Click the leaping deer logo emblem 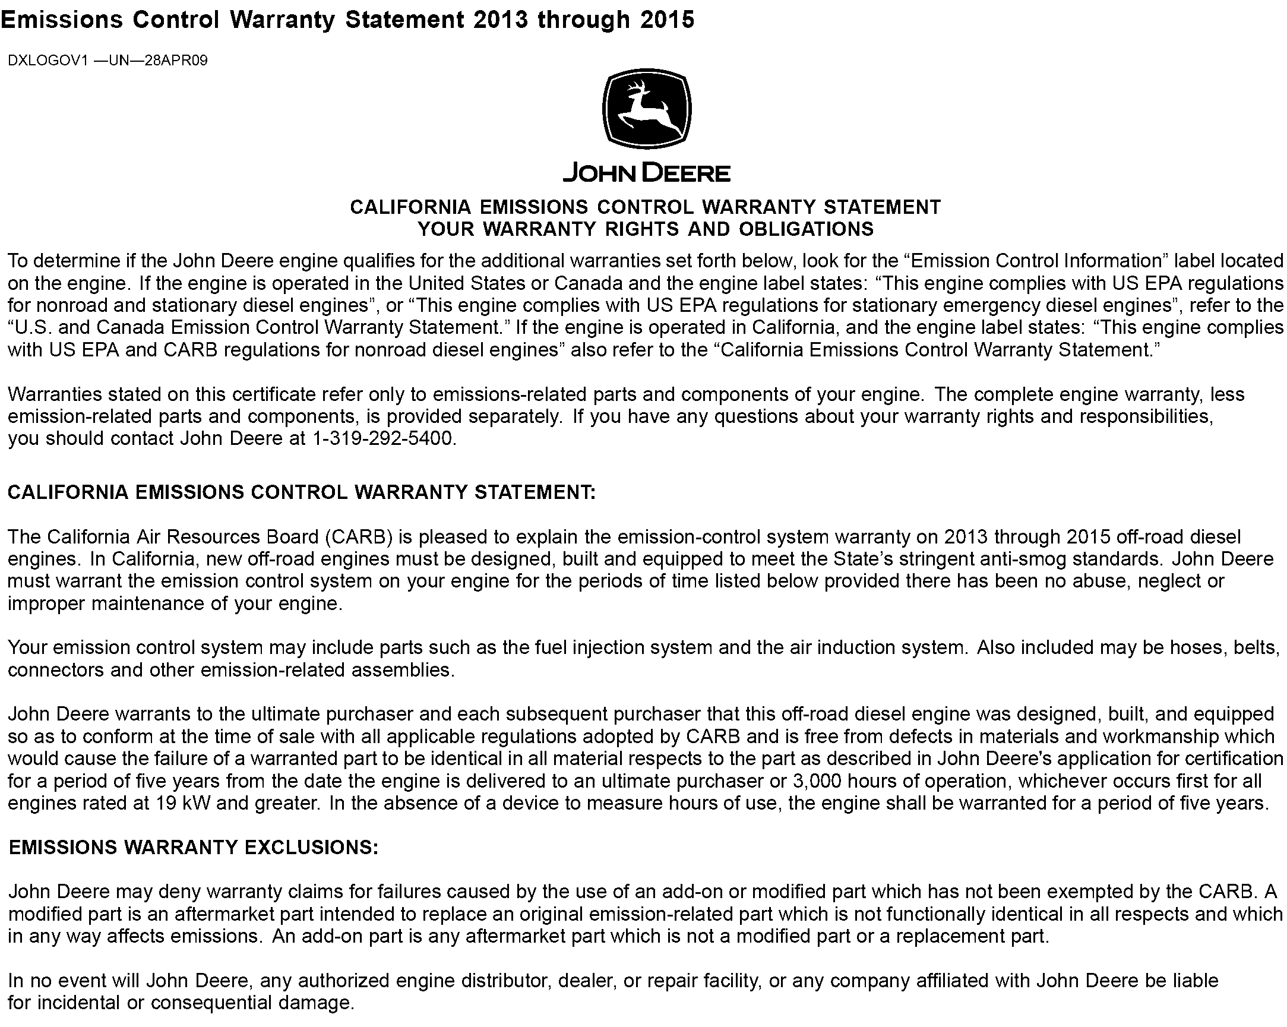coord(647,109)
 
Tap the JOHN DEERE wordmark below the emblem coord(647,174)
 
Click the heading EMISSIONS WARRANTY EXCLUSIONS coord(194,848)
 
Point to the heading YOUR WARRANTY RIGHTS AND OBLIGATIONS coord(646,229)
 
